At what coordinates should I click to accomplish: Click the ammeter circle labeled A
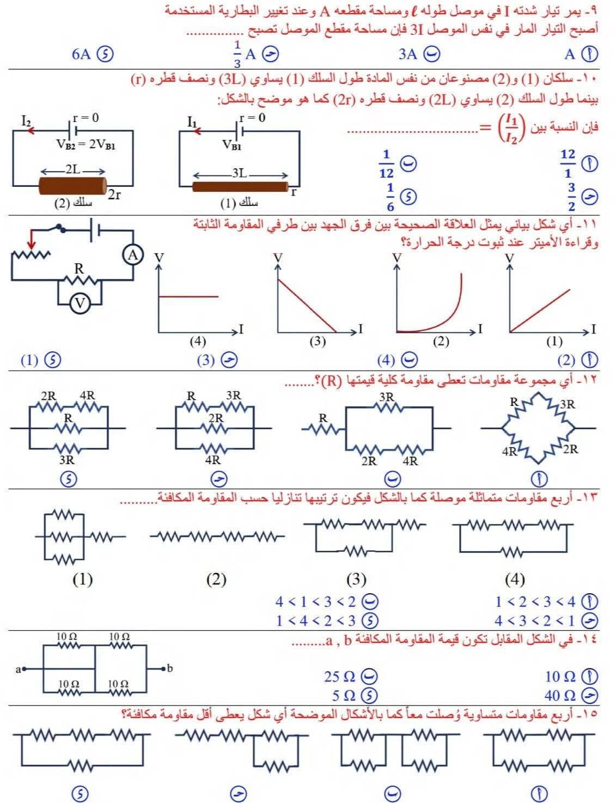tap(132, 254)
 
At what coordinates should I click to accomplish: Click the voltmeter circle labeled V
tap(80, 303)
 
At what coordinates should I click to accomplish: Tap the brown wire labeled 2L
tap(73, 186)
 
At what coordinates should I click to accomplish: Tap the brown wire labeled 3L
tap(240, 187)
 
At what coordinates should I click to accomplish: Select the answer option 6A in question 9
tap(82, 54)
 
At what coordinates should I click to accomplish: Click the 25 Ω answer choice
tap(341, 677)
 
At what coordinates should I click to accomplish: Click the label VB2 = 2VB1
tap(86, 144)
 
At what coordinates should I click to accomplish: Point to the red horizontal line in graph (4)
tap(188, 296)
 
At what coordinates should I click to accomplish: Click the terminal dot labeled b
tap(162, 667)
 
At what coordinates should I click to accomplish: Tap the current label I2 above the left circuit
tap(26, 121)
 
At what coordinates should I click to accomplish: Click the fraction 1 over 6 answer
tap(390, 197)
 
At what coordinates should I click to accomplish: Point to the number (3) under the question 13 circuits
tap(356, 579)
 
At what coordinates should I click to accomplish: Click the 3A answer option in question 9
tap(408, 54)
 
